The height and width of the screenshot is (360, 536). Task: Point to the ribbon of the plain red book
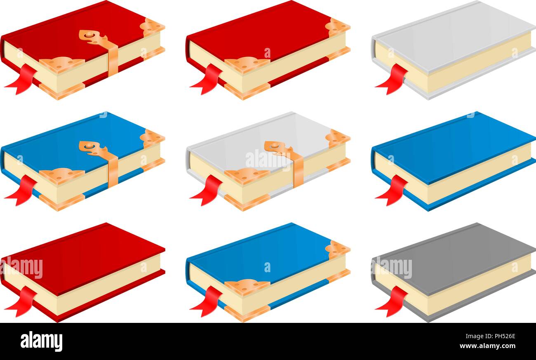(x=21, y=301)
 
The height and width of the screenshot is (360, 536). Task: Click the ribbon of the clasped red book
(x=21, y=79)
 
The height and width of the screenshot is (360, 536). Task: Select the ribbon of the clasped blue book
(x=21, y=190)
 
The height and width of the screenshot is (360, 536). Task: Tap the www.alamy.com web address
(x=487, y=346)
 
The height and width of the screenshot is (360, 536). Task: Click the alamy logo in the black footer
(x=42, y=341)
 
